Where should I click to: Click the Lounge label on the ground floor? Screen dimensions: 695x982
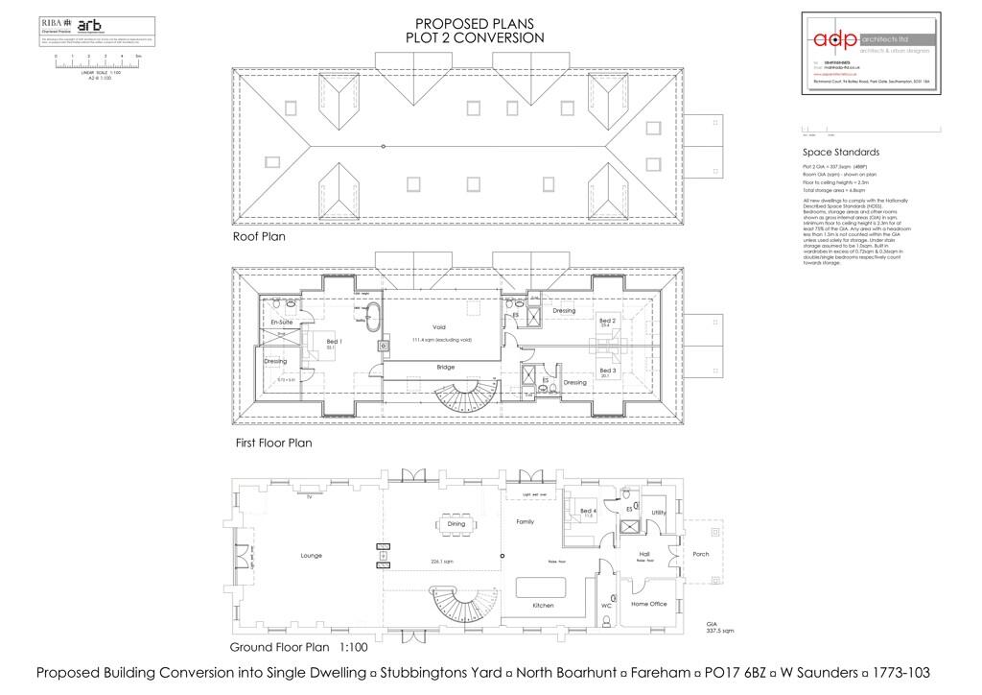pos(310,556)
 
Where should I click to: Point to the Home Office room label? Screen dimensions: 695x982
pos(648,604)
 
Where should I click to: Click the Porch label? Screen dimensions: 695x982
pos(701,555)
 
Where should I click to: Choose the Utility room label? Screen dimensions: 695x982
pos(659,513)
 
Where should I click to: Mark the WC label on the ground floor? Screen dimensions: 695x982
pos(607,607)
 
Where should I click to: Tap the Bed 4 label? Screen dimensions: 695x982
pos(589,512)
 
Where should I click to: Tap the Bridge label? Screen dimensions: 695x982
pos(445,367)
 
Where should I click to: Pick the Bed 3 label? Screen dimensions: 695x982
pos(607,371)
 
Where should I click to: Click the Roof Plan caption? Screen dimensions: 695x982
pos(259,235)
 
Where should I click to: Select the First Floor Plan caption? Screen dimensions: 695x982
pos(273,443)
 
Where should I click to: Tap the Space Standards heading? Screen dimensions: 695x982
pos(840,153)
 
